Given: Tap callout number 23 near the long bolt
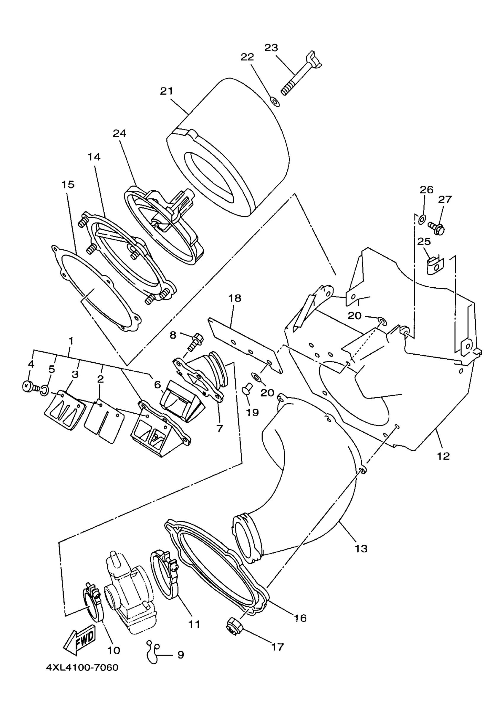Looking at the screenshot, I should [271, 48].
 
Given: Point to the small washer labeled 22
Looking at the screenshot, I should [275, 101].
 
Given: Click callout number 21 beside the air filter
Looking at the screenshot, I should [166, 91].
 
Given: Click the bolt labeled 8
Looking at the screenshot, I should [195, 342].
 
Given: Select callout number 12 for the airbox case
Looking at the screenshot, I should [444, 456].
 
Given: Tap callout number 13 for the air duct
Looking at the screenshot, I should [361, 549].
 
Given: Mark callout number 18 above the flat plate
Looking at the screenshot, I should [235, 298].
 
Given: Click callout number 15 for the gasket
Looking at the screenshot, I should [68, 184].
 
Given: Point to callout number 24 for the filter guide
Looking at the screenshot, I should [119, 133].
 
